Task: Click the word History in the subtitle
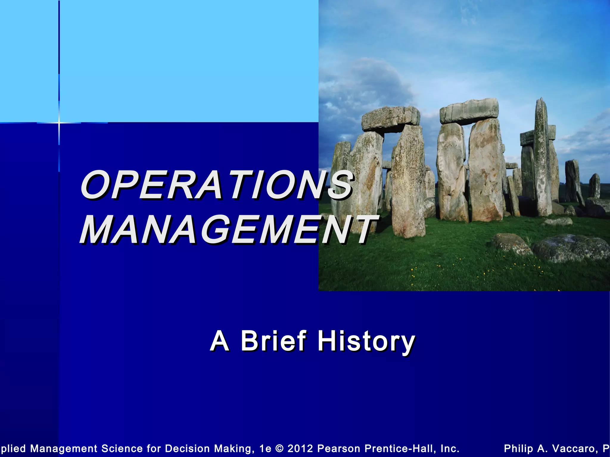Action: [366, 341]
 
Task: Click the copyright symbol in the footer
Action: [279, 448]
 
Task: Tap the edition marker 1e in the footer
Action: [265, 448]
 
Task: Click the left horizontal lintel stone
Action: [391, 118]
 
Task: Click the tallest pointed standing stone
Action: [542, 158]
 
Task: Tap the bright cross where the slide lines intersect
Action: [59, 123]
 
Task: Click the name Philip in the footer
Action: [518, 448]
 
